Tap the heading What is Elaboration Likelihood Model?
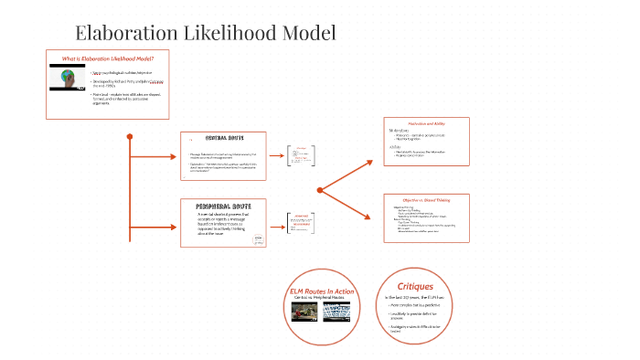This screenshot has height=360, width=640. pos(101,58)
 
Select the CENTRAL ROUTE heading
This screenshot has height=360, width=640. pos(223,137)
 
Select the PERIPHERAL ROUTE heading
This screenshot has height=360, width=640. pos(223,206)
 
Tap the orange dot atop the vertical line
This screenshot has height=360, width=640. pos(130,137)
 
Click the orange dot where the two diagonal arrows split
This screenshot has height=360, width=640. pos(320,190)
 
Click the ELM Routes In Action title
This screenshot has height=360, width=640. pos(322,291)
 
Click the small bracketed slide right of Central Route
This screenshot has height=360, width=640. pos(301,154)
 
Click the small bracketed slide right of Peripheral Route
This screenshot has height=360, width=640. pos(301,223)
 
